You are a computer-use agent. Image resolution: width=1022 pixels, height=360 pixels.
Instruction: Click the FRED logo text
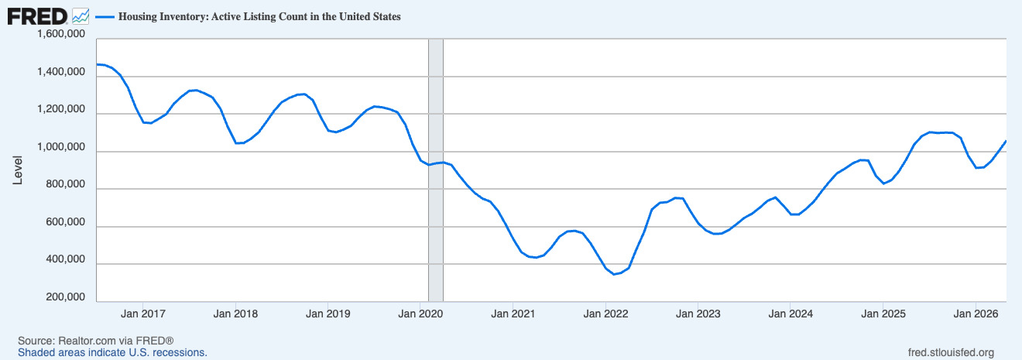[37, 17]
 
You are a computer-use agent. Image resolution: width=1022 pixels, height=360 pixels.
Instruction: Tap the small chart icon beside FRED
[81, 16]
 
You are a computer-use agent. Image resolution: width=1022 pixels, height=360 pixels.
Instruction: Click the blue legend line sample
[105, 17]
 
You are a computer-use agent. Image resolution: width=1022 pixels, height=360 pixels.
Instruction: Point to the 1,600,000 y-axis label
[61, 34]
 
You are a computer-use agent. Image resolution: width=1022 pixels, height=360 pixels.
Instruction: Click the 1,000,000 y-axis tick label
[61, 147]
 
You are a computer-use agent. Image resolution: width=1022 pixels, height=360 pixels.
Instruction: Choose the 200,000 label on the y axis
[66, 297]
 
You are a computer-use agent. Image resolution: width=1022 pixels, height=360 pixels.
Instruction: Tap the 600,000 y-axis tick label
[66, 222]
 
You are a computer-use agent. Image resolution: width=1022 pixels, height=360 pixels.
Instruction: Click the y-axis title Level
[17, 170]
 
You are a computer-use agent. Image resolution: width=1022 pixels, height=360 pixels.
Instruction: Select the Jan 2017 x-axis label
[142, 314]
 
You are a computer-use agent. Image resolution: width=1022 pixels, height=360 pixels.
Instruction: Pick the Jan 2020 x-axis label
[420, 314]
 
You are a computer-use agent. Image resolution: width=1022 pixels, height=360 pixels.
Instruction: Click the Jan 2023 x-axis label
[698, 314]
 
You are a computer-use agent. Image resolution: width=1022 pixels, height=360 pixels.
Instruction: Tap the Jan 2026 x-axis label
[976, 314]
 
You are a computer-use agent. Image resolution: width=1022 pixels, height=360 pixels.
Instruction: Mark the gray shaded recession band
[436, 170]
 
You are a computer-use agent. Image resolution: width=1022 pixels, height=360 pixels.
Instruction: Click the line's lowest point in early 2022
[614, 274]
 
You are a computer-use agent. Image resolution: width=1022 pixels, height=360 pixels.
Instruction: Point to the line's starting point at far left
[98, 64]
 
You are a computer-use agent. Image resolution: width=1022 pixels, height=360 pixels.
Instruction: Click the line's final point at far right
[1006, 141]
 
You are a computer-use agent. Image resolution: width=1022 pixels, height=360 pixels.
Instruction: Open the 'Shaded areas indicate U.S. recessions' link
[112, 353]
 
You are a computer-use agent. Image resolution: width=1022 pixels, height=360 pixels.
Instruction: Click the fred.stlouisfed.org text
[951, 353]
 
